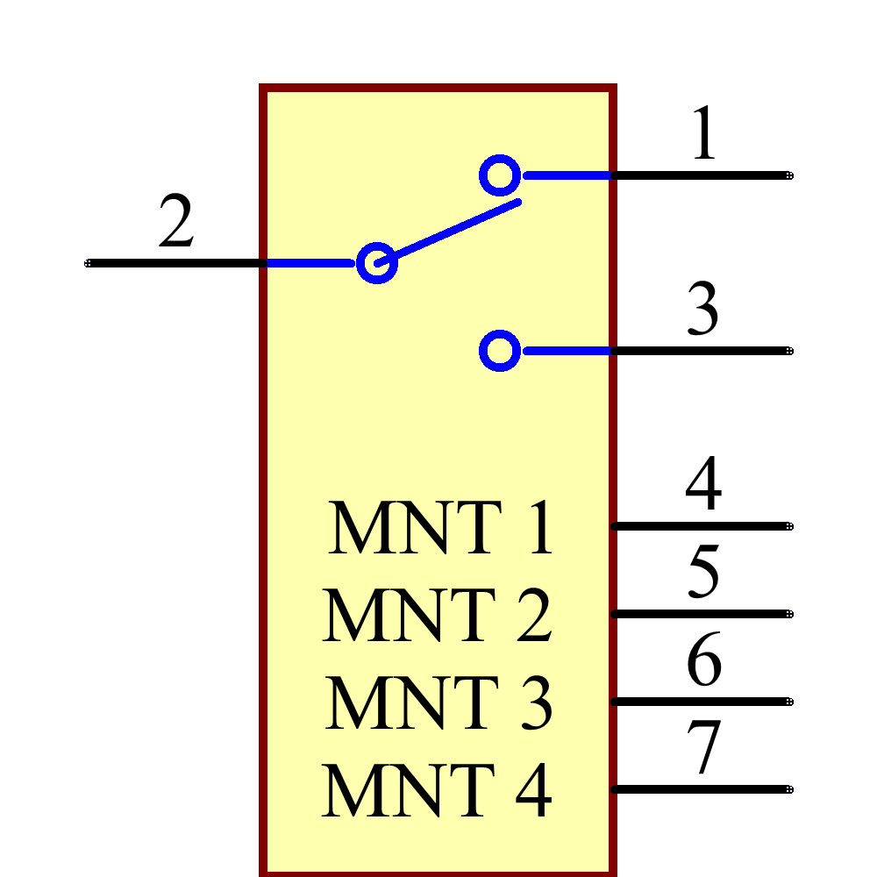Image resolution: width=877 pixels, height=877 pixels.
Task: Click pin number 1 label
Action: pyautogui.click(x=704, y=134)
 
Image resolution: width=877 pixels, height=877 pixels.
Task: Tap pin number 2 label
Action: pyautogui.click(x=176, y=221)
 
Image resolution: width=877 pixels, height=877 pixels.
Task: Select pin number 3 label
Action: pyautogui.click(x=703, y=310)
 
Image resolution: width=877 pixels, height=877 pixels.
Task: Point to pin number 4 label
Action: pyautogui.click(x=704, y=484)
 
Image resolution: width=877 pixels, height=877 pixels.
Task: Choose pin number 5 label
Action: pyautogui.click(x=704, y=572)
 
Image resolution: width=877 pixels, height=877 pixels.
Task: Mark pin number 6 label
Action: pyautogui.click(x=704, y=660)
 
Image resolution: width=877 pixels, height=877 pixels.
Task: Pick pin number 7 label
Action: pyautogui.click(x=704, y=747)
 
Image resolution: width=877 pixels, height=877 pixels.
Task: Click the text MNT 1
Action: pyautogui.click(x=441, y=528)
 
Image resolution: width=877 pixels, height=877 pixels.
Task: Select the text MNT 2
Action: pyautogui.click(x=438, y=615)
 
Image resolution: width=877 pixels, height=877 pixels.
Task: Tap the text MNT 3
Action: pyautogui.click(x=438, y=702)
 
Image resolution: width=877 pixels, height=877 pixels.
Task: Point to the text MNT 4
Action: pyautogui.click(x=437, y=791)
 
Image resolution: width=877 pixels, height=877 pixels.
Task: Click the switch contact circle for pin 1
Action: pyautogui.click(x=500, y=175)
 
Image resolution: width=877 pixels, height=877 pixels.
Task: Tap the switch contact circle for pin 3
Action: pyautogui.click(x=500, y=351)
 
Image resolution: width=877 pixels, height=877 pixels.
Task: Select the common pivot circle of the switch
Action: pyautogui.click(x=377, y=263)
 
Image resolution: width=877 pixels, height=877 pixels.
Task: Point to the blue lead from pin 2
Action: pyautogui.click(x=311, y=263)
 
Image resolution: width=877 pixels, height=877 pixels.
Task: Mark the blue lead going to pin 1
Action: pyautogui.click(x=566, y=175)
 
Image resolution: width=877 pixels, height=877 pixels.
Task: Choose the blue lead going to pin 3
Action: pyautogui.click(x=566, y=351)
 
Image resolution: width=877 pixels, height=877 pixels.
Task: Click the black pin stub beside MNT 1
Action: pyautogui.click(x=615, y=526)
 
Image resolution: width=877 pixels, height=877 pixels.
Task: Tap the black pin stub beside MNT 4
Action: pyautogui.click(x=615, y=789)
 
